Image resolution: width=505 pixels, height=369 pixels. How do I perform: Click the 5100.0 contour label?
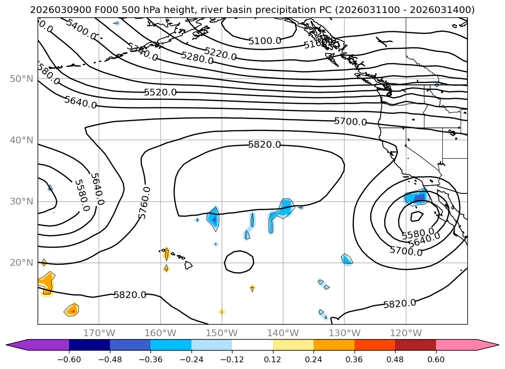(265, 41)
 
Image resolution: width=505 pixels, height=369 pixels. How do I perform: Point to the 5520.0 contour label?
(160, 92)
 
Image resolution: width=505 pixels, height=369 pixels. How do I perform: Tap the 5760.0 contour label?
(144, 203)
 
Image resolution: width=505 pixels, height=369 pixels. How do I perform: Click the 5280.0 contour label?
(197, 58)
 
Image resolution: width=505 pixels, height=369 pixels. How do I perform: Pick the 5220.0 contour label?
(220, 54)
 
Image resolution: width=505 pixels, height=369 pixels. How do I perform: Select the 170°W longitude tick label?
(99, 333)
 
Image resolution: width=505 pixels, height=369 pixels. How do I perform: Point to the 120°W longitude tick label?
(406, 333)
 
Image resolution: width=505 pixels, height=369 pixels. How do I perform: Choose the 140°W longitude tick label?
(283, 333)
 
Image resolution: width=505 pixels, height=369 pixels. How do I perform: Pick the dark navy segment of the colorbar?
(89, 344)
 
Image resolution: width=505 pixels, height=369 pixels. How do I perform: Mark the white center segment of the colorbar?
(252, 344)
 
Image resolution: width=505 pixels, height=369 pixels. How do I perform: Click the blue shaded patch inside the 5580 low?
(416, 197)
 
